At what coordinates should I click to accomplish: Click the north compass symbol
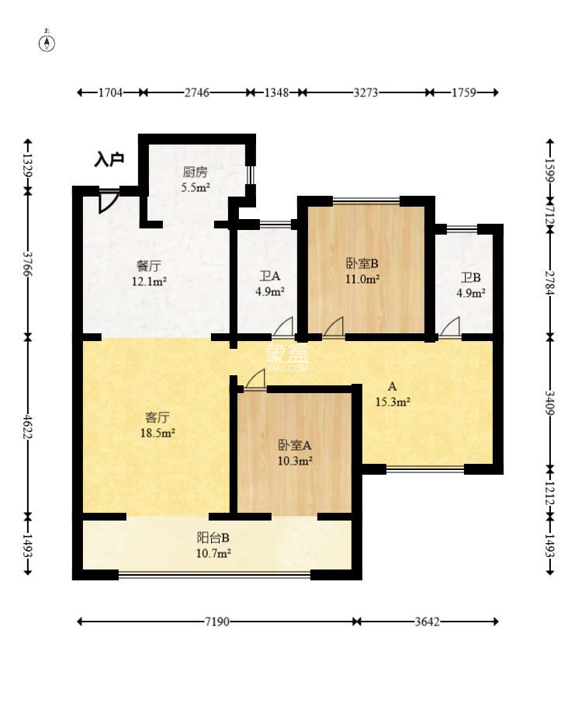(47, 41)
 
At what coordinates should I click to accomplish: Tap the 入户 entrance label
(109, 160)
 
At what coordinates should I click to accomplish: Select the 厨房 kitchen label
(195, 172)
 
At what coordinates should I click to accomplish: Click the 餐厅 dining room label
(149, 266)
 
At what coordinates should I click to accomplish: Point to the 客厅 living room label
(158, 417)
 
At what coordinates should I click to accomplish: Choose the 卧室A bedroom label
(295, 445)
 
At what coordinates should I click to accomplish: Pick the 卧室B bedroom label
(362, 263)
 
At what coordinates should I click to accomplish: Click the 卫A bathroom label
(270, 276)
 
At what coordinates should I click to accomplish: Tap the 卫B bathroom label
(470, 277)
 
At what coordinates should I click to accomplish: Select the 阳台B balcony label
(213, 538)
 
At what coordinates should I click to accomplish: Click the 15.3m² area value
(393, 402)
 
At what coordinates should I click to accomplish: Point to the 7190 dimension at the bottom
(217, 622)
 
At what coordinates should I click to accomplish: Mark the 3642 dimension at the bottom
(427, 622)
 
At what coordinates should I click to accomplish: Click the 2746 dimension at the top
(197, 92)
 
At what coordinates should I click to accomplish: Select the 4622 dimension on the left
(28, 427)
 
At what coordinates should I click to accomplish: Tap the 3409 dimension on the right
(549, 402)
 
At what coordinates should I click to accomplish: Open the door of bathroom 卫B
(450, 328)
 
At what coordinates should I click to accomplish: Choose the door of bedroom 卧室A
(255, 379)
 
